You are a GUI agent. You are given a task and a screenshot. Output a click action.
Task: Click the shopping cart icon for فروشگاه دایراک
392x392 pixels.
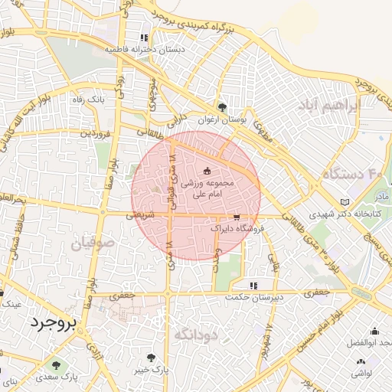[x=237, y=217]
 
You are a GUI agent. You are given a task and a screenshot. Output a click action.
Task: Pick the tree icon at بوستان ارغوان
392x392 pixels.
[x=222, y=107]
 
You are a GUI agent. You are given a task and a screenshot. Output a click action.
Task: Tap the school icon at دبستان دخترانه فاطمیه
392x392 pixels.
[x=143, y=37]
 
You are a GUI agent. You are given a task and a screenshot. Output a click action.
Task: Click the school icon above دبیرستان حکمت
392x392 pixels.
[x=253, y=286]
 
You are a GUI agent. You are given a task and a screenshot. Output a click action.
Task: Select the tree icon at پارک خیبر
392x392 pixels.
[x=150, y=358]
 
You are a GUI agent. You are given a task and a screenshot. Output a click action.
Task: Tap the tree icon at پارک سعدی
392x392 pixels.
[x=54, y=362]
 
